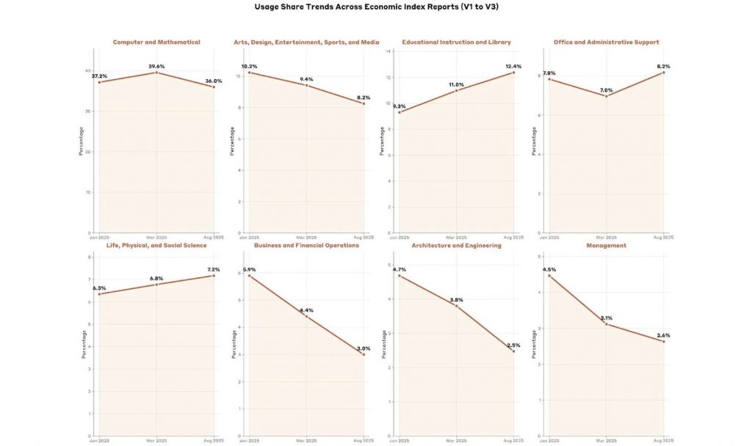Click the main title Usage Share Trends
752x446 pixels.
(376, 7)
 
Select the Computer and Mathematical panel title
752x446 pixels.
(156, 43)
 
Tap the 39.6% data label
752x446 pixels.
(156, 67)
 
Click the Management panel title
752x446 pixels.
(607, 246)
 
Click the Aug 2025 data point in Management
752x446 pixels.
(663, 341)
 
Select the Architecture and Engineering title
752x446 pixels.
(456, 246)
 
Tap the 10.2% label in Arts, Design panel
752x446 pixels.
(250, 67)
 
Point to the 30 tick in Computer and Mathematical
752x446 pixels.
(87, 111)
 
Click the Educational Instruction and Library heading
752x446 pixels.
(456, 43)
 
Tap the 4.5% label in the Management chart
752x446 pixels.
(549, 270)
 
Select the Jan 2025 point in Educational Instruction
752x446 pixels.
(399, 112)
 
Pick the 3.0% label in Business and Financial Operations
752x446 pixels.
(363, 348)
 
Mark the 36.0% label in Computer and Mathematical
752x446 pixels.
(214, 81)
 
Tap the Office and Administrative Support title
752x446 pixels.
(607, 43)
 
